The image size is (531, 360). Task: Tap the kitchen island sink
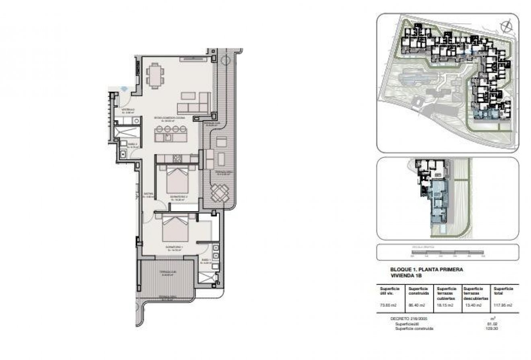pos(168,137)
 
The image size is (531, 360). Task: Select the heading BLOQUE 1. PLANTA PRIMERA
pos(426,269)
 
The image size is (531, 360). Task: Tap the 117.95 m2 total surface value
pos(503,305)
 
